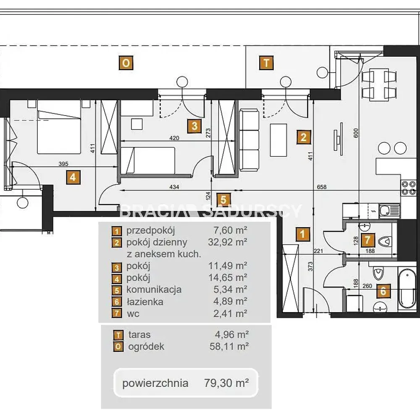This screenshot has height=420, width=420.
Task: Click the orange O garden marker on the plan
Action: tap(126, 63)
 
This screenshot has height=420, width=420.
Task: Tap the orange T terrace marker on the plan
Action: tap(266, 63)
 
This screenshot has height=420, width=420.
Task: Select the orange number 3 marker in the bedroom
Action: tap(194, 126)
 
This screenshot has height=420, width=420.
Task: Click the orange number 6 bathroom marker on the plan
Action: tap(383, 291)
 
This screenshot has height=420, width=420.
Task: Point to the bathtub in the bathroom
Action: tap(407, 289)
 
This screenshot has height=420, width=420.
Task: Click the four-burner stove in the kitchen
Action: tap(409, 188)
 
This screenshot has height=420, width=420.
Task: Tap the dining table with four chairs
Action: tap(379, 84)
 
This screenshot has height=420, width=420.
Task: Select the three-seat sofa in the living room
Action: tap(249, 140)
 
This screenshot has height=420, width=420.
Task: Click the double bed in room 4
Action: tap(59, 127)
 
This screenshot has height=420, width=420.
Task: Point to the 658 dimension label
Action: tap(321, 187)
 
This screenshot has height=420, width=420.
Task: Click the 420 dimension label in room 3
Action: tap(174, 138)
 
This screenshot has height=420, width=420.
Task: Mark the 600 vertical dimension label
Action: tap(356, 133)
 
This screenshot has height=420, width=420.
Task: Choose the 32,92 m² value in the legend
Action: tap(227, 242)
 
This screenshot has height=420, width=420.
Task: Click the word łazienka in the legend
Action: tap(144, 302)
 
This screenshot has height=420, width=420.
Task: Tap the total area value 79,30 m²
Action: tap(226, 383)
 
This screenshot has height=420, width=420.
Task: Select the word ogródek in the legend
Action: tap(146, 346)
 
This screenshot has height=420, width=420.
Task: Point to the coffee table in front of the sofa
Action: tap(278, 140)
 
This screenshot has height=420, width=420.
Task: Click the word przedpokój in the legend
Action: tap(150, 230)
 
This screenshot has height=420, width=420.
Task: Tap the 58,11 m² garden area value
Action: tap(229, 346)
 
